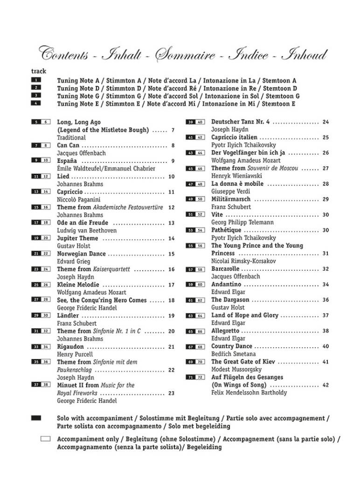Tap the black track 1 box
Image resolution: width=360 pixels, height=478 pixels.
tap(36, 80)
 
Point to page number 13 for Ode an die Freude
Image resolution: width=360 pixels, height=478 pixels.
tap(171, 223)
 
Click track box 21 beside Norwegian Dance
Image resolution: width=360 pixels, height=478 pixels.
tap(36, 254)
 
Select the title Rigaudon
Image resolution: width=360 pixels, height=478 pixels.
tap(70, 346)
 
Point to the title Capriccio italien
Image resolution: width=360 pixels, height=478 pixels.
tap(234, 137)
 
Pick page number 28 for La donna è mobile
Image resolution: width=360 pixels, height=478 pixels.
tap(325, 184)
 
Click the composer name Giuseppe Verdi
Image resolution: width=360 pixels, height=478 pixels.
tap(230, 191)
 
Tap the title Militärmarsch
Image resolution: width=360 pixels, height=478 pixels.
tap(232, 199)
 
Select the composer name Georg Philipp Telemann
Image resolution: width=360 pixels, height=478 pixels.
tap(242, 223)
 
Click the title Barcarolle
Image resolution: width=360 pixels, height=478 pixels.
tap(225, 269)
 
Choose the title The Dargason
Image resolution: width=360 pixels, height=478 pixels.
tap(230, 300)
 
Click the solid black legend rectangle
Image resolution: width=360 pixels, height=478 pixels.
tap(36, 418)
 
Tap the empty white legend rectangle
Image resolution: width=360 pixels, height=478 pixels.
tap(46, 439)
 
